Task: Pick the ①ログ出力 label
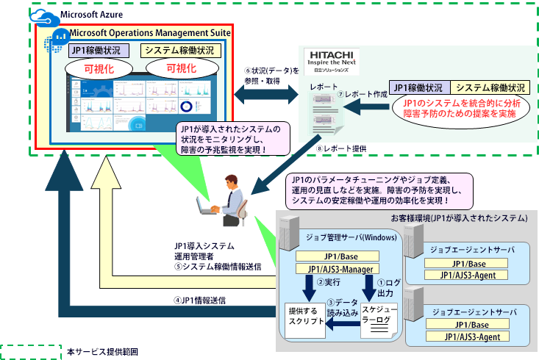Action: click(387, 287)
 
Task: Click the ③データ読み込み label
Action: click(342, 307)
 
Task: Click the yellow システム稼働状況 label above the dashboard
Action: click(179, 51)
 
